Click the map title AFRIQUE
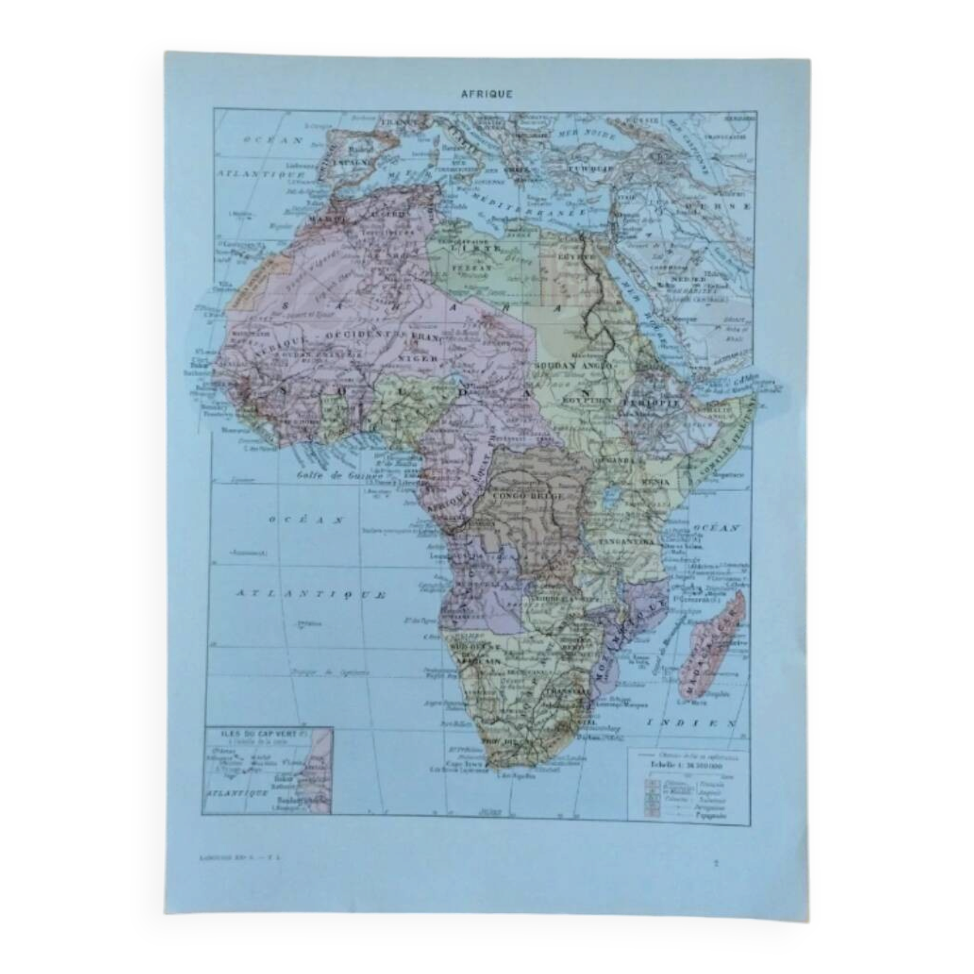pos(487,94)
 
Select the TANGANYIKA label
pos(627,541)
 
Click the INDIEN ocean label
pos(691,722)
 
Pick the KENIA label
pos(656,482)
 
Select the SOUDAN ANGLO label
pos(573,364)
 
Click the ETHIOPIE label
pos(651,403)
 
